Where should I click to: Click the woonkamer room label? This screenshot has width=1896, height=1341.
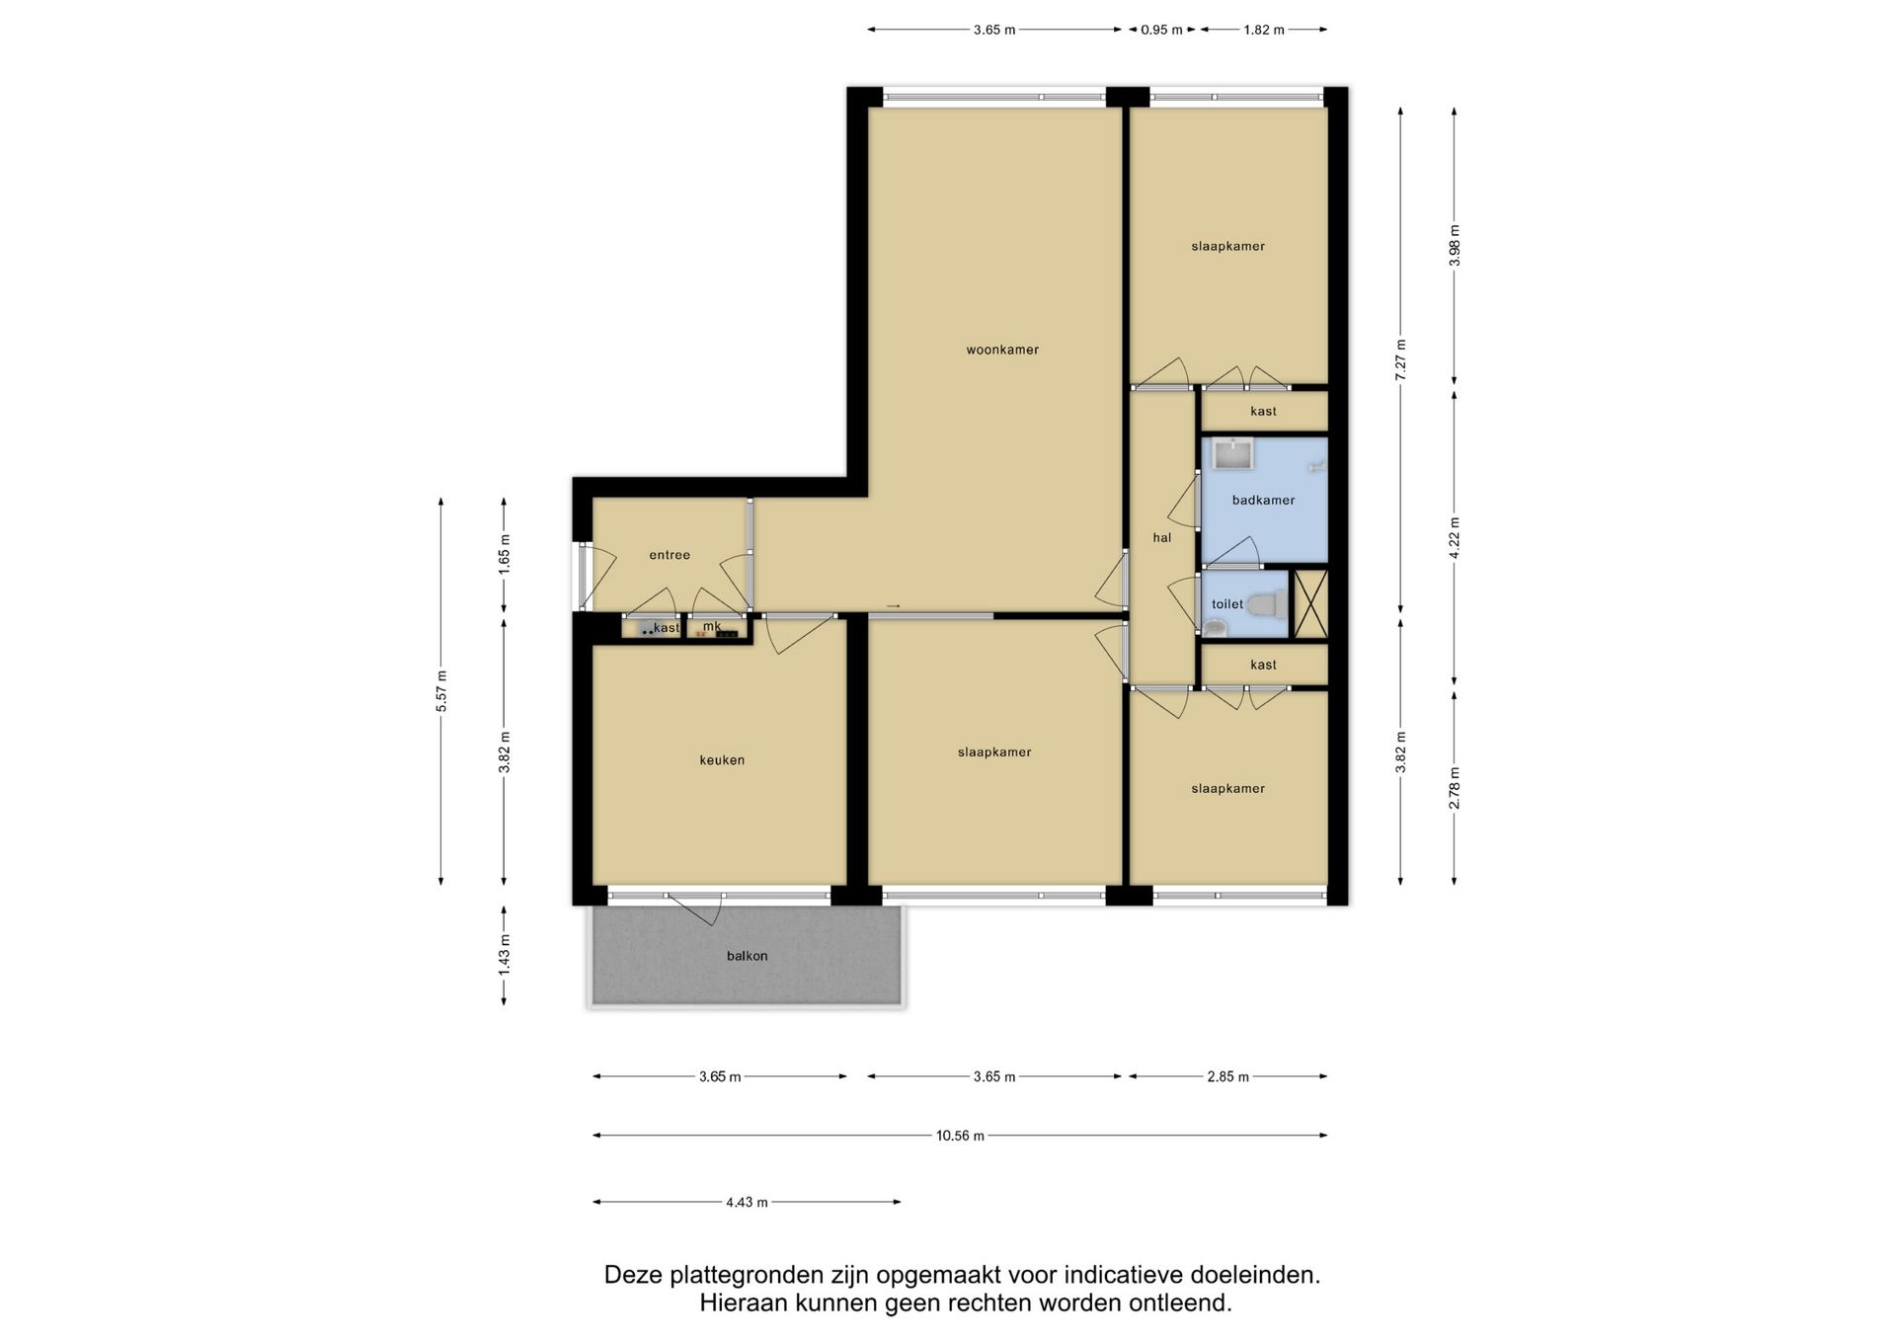(x=1002, y=350)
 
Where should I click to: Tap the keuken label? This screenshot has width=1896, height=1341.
(x=722, y=760)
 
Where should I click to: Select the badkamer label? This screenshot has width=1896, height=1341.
(x=1263, y=501)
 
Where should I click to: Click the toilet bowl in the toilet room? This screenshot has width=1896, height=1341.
(x=1267, y=603)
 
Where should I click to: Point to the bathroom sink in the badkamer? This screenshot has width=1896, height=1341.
(x=1233, y=454)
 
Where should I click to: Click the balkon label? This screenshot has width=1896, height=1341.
(x=747, y=956)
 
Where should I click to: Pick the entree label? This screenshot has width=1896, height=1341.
(x=670, y=555)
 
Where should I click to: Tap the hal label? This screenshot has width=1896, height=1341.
(x=1162, y=538)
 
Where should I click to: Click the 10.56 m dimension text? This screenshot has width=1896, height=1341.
(x=960, y=1136)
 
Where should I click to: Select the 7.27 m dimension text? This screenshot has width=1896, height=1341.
(x=1400, y=359)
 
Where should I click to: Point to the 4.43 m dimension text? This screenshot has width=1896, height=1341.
(x=747, y=1203)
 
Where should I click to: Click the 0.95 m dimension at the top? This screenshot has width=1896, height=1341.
(x=1161, y=30)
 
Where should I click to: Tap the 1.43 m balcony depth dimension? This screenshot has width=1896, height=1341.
(x=504, y=956)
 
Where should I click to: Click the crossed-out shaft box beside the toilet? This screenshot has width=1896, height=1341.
(x=1310, y=603)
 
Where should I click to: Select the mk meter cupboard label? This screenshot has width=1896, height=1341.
(x=712, y=626)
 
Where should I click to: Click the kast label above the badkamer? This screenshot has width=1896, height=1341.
(x=1263, y=412)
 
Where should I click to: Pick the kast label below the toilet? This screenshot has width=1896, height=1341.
(x=1263, y=666)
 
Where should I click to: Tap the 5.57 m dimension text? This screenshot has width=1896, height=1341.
(x=441, y=691)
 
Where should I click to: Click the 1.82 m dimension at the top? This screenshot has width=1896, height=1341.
(x=1264, y=30)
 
